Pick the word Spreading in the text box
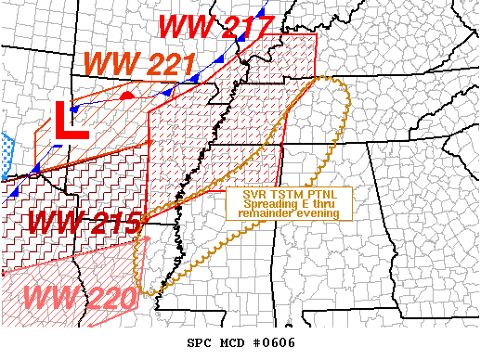[264, 204]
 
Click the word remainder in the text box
[266, 213]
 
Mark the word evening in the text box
[317, 213]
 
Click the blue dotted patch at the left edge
[6, 149]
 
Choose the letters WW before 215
[54, 223]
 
